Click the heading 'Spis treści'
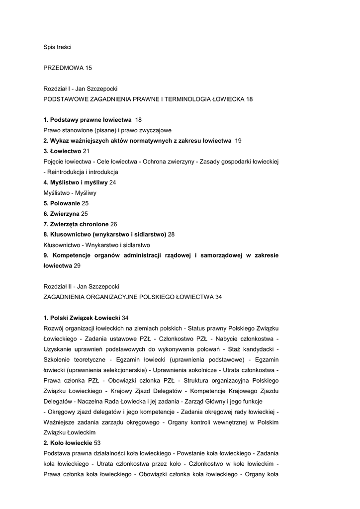57,47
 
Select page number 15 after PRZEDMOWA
89,68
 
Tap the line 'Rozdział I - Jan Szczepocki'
81,88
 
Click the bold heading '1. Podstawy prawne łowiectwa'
88,120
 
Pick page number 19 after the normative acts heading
238,141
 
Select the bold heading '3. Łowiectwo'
62,151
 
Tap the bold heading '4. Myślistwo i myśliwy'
76,182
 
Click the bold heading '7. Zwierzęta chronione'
76,224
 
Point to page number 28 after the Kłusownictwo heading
171,234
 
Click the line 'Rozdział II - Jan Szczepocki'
82,286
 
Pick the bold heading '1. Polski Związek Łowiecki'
82,318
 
